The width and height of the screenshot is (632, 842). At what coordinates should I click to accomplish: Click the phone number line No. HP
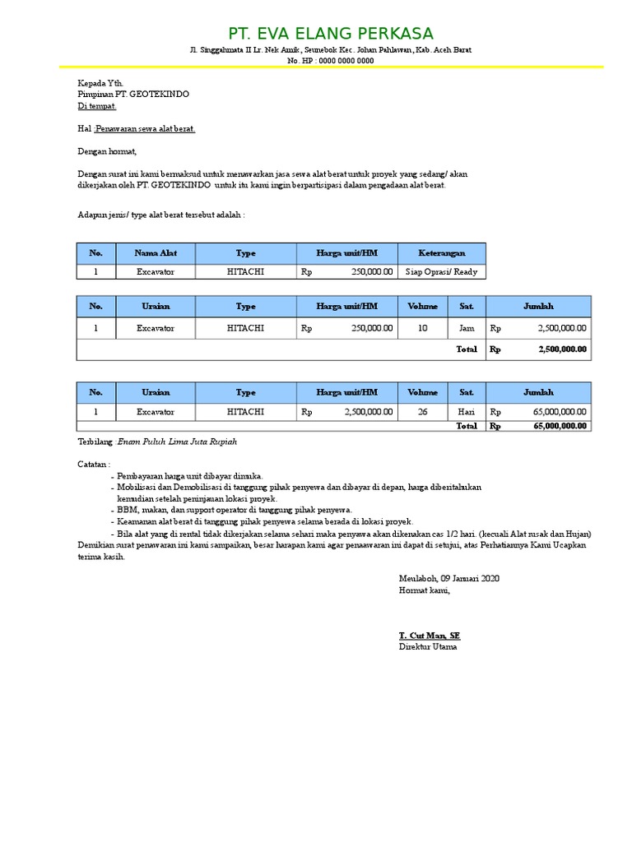329,61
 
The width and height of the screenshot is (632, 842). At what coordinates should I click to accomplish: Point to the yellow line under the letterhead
329,67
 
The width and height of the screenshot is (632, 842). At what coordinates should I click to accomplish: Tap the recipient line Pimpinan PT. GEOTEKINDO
133,95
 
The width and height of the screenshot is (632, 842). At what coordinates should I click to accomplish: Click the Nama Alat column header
156,253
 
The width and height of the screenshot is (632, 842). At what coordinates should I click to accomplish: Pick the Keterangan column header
441,253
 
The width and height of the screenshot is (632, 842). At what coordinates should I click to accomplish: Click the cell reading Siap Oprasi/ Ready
441,271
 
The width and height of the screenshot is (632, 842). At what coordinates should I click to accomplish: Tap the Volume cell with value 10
423,328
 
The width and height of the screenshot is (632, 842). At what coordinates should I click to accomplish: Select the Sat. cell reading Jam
467,328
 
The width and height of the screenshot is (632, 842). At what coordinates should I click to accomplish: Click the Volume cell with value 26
423,411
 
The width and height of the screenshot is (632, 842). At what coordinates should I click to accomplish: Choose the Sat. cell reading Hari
467,411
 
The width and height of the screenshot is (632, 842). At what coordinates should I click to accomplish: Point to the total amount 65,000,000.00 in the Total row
560,426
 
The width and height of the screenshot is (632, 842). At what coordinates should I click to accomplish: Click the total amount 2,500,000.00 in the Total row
562,349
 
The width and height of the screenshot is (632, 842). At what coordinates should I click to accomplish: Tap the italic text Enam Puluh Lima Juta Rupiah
177,442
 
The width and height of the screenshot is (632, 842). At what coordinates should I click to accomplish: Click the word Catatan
94,465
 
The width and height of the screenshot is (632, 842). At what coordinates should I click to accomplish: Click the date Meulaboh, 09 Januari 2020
448,578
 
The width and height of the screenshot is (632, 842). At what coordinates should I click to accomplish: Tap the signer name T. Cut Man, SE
430,636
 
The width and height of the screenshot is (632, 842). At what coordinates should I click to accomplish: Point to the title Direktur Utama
428,647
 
